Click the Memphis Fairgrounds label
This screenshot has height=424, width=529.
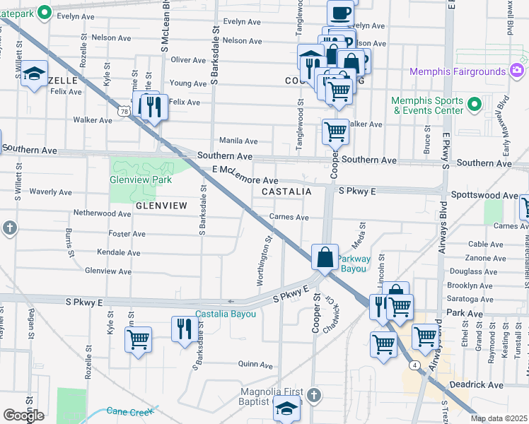pyautogui.click(x=457, y=71)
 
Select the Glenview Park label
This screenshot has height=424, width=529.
pyautogui.click(x=141, y=179)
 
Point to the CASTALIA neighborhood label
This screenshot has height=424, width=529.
pyautogui.click(x=286, y=192)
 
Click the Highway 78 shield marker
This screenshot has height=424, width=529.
pyautogui.click(x=125, y=112)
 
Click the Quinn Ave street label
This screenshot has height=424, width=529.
pyautogui.click(x=256, y=365)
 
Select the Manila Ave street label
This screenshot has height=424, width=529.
pyautogui.click(x=238, y=141)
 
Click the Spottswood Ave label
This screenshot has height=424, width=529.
pyautogui.click(x=491, y=195)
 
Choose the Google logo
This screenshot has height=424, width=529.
pyautogui.click(x=23, y=416)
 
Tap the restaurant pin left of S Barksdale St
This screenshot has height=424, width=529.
pyautogui.click(x=183, y=329)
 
